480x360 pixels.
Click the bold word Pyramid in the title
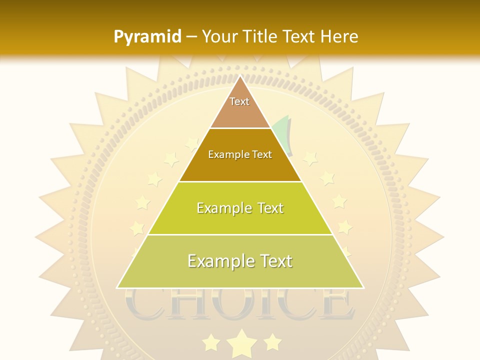click(147, 37)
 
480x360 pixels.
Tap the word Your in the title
click(219, 36)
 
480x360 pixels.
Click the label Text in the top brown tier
click(239, 102)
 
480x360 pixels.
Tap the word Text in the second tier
click(261, 155)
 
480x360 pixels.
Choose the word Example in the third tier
click(222, 208)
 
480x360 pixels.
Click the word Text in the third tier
click(267, 208)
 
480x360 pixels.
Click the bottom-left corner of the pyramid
click(117, 287)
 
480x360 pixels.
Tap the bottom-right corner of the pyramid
click(363, 287)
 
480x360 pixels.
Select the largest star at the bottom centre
click(242, 343)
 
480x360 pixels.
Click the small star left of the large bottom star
click(211, 342)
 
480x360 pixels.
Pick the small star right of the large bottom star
click(272, 342)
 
